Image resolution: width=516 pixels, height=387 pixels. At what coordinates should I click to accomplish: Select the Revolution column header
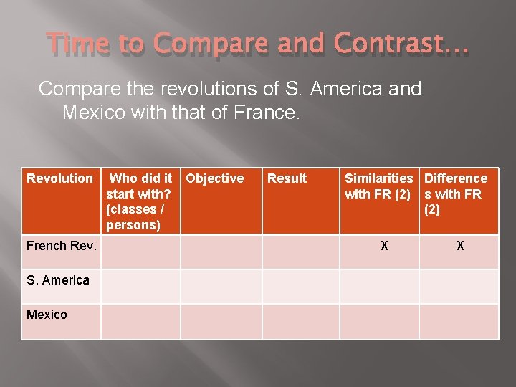click(x=59, y=178)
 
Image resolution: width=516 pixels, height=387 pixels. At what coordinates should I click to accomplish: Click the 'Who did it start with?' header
click(x=139, y=201)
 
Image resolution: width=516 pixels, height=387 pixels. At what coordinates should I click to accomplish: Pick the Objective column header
click(x=215, y=178)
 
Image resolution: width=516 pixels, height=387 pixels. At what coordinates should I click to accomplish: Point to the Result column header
click(x=287, y=178)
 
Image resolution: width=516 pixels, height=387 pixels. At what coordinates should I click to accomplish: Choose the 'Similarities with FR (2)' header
click(x=378, y=186)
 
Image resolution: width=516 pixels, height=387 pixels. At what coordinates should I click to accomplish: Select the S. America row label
click(x=58, y=280)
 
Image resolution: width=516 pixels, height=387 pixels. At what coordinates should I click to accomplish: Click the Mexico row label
click(x=47, y=315)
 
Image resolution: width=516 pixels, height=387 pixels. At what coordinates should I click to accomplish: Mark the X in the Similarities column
click(x=384, y=246)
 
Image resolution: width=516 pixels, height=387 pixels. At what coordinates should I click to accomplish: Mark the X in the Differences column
click(x=460, y=246)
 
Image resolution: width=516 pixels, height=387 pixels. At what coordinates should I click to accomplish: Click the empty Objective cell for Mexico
click(x=221, y=321)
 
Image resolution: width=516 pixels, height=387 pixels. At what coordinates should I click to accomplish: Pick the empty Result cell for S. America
click(x=300, y=286)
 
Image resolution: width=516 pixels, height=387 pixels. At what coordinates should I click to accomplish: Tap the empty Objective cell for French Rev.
click(x=221, y=252)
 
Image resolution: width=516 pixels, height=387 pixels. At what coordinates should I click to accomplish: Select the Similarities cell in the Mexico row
click(x=378, y=321)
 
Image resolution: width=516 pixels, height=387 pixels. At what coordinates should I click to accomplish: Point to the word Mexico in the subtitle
click(x=94, y=113)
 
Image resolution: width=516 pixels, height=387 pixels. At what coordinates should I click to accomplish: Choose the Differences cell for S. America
click(x=459, y=286)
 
